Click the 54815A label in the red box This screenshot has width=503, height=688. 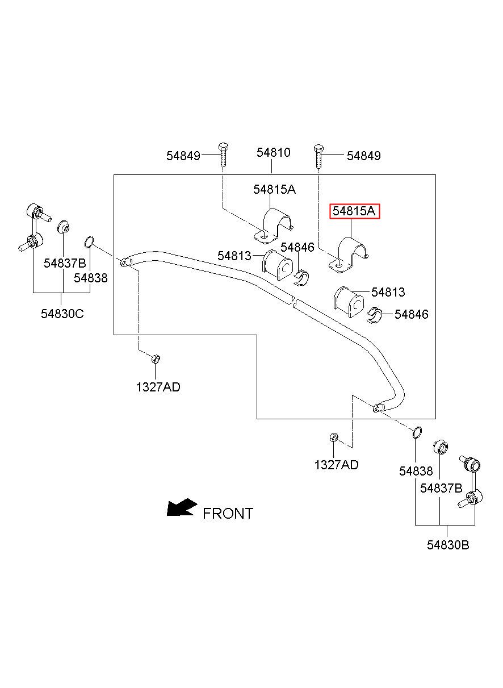click(354, 211)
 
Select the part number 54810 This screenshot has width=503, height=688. click(274, 152)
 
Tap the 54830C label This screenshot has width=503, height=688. click(62, 314)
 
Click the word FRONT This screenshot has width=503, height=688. click(228, 513)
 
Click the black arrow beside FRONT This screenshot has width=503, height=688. click(182, 507)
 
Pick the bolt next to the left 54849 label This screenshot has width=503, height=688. click(223, 155)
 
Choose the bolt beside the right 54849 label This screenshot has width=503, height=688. click(318, 156)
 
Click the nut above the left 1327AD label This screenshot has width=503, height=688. click(156, 358)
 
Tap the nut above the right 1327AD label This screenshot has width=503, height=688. click(334, 437)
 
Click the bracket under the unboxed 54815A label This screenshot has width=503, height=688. click(274, 226)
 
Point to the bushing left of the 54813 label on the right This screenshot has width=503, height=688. click(349, 302)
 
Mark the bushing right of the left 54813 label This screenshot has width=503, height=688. click(278, 265)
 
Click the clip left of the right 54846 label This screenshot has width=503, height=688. click(374, 315)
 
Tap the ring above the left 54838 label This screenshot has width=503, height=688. click(89, 242)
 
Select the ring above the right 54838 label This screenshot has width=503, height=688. click(417, 432)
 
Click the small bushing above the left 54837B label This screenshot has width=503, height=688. click(63, 227)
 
